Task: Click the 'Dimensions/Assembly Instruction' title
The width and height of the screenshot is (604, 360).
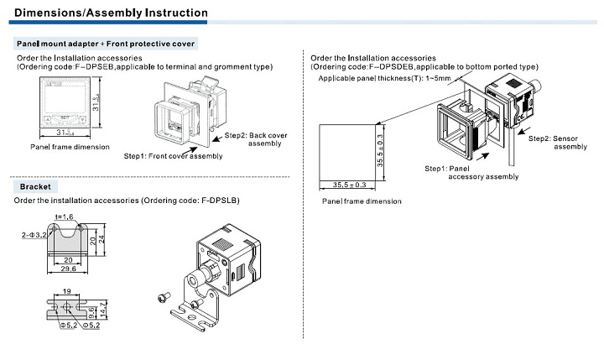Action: [112, 13]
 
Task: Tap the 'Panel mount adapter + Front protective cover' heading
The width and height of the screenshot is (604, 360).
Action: [105, 42]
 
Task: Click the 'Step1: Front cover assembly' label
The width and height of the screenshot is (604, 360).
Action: [173, 156]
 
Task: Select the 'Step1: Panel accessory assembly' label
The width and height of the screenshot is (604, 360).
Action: [471, 172]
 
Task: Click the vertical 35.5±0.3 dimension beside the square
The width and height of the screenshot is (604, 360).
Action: [379, 149]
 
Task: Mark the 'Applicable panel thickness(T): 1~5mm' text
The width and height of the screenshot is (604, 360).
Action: [385, 78]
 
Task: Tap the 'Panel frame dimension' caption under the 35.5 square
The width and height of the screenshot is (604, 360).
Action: [362, 201]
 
